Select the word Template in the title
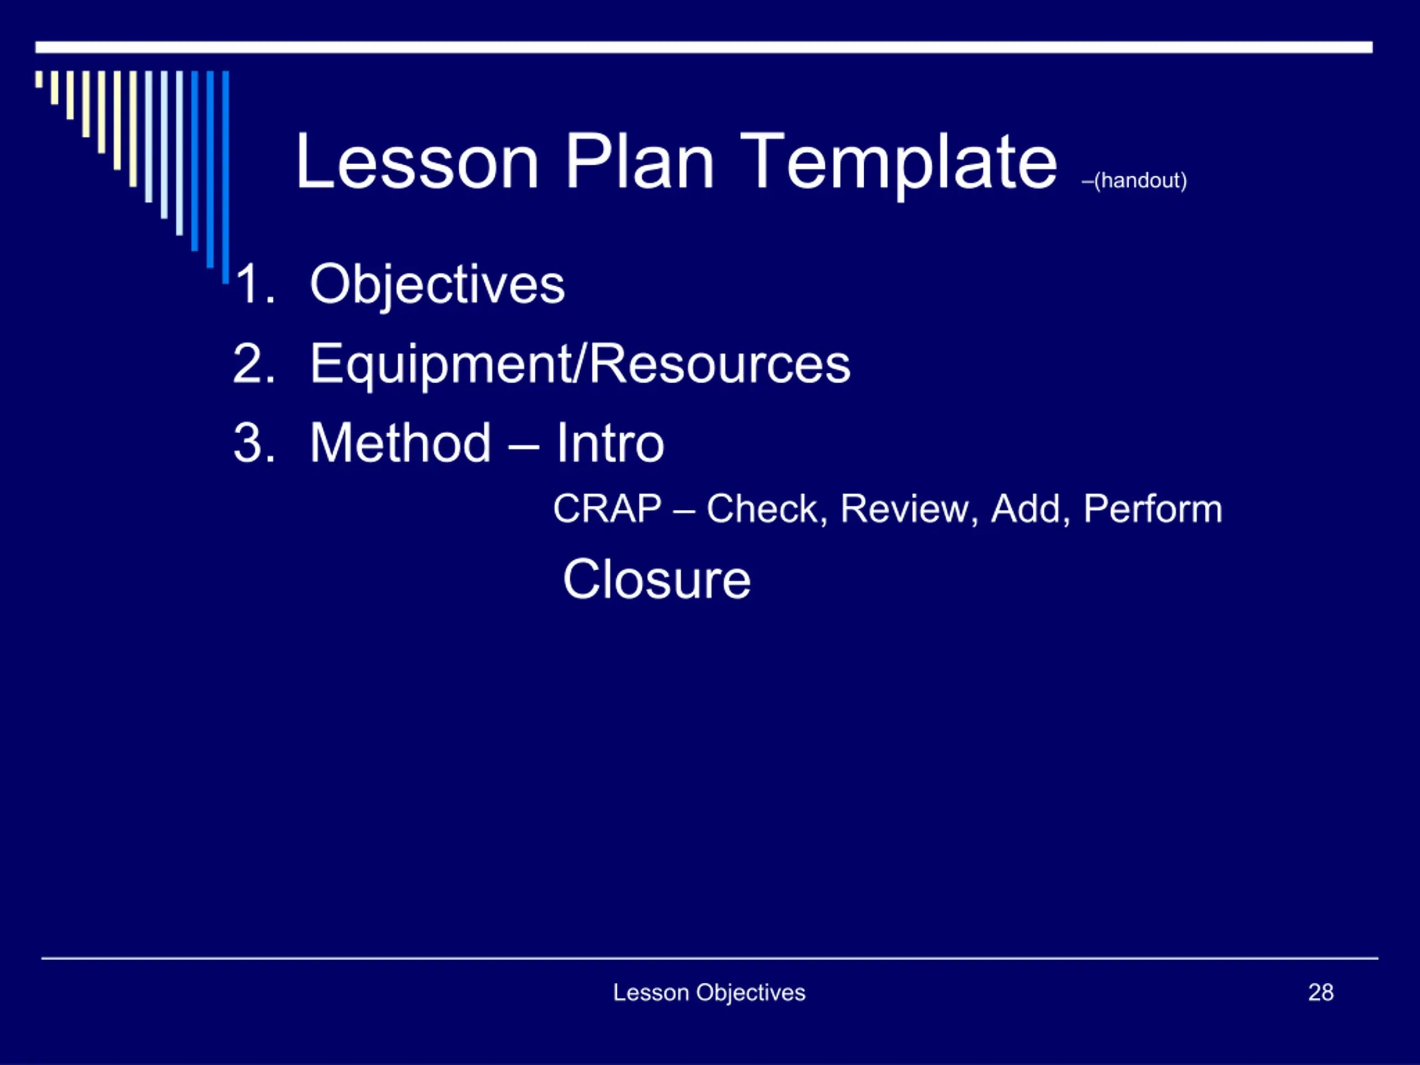point(899,166)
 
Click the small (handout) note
point(1134,180)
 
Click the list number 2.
point(254,363)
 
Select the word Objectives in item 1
point(437,285)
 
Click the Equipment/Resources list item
point(580,364)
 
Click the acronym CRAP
point(607,509)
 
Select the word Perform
point(1153,509)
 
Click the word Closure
point(657,579)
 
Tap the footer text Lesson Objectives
point(709,992)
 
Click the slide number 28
point(1321,992)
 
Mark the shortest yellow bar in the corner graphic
point(39,79)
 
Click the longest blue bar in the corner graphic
point(225,177)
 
